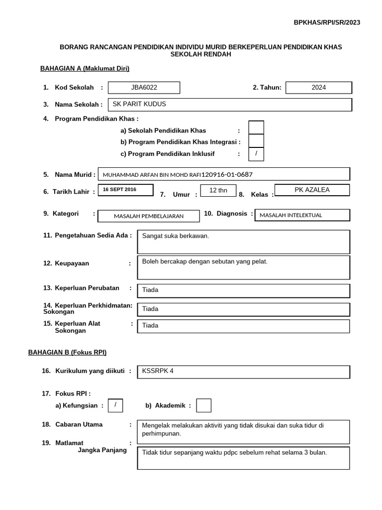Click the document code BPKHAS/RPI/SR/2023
[327, 22]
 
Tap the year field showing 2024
[319, 88]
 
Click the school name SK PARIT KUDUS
[140, 104]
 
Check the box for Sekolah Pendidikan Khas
[256, 128]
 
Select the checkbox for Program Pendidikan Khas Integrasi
[256, 141]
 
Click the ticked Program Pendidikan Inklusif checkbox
[256, 154]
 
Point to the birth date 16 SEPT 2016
[119, 190]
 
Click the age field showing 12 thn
[218, 190]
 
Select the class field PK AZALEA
[312, 190]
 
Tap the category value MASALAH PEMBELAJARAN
[149, 216]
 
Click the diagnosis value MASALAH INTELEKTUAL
[291, 215]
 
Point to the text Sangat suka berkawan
[176, 236]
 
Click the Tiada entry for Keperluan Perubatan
[150, 290]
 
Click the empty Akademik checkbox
[203, 406]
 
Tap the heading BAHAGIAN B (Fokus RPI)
[67, 352]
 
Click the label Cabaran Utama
[79, 424]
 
